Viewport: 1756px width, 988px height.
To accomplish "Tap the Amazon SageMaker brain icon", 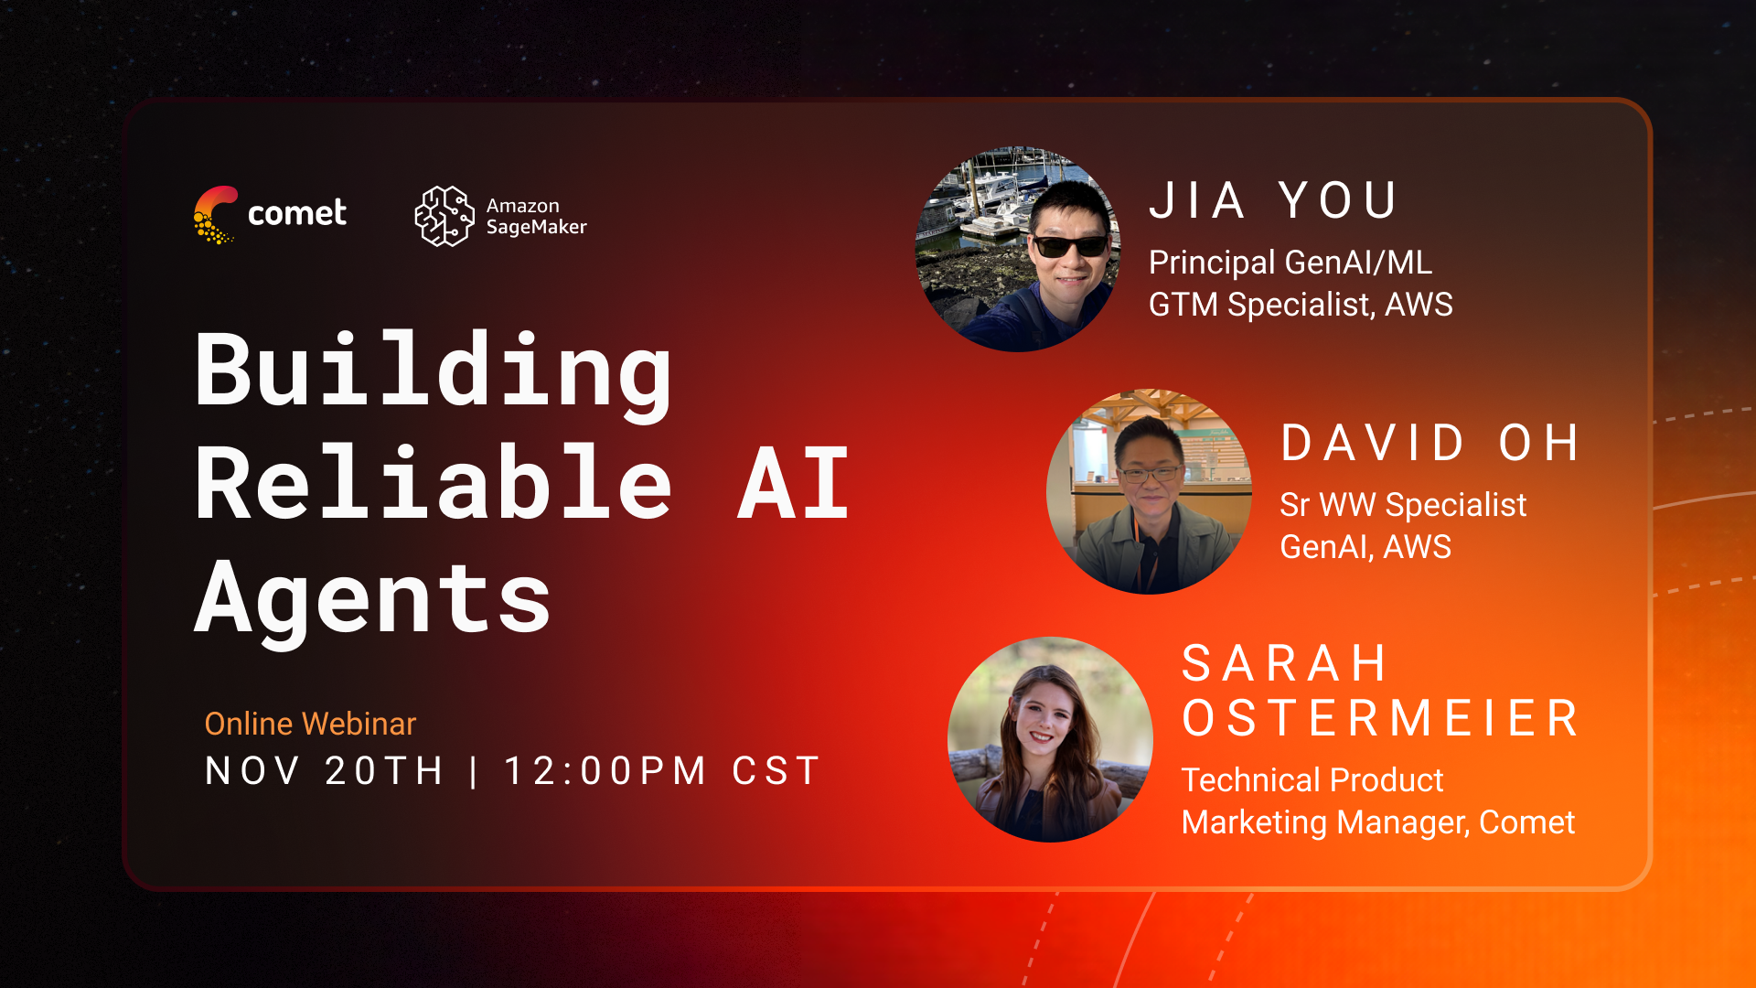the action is pos(444,216).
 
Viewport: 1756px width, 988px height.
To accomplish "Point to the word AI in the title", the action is pos(794,484).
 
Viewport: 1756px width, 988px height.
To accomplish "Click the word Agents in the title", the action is pos(373,599).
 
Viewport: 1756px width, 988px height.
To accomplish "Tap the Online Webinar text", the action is pos(310,724).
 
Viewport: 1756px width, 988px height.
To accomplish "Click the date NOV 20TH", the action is pos(325,771).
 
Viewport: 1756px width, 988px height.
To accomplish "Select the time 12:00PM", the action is pos(605,771).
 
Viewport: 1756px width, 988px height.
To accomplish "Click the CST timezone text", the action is pos(776,771).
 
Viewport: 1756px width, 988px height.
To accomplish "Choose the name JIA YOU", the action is pos(1273,200).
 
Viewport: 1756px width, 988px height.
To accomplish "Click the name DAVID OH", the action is pos(1429,444).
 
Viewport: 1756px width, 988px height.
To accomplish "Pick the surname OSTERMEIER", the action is pos(1381,718).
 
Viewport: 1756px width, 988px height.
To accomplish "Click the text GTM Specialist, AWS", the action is pos(1301,305).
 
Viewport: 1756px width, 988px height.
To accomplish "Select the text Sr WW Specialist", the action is pos(1403,504).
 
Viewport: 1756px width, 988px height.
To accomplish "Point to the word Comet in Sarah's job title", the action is pos(1527,822).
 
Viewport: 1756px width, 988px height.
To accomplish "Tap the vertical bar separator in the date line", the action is pos(474,771).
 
